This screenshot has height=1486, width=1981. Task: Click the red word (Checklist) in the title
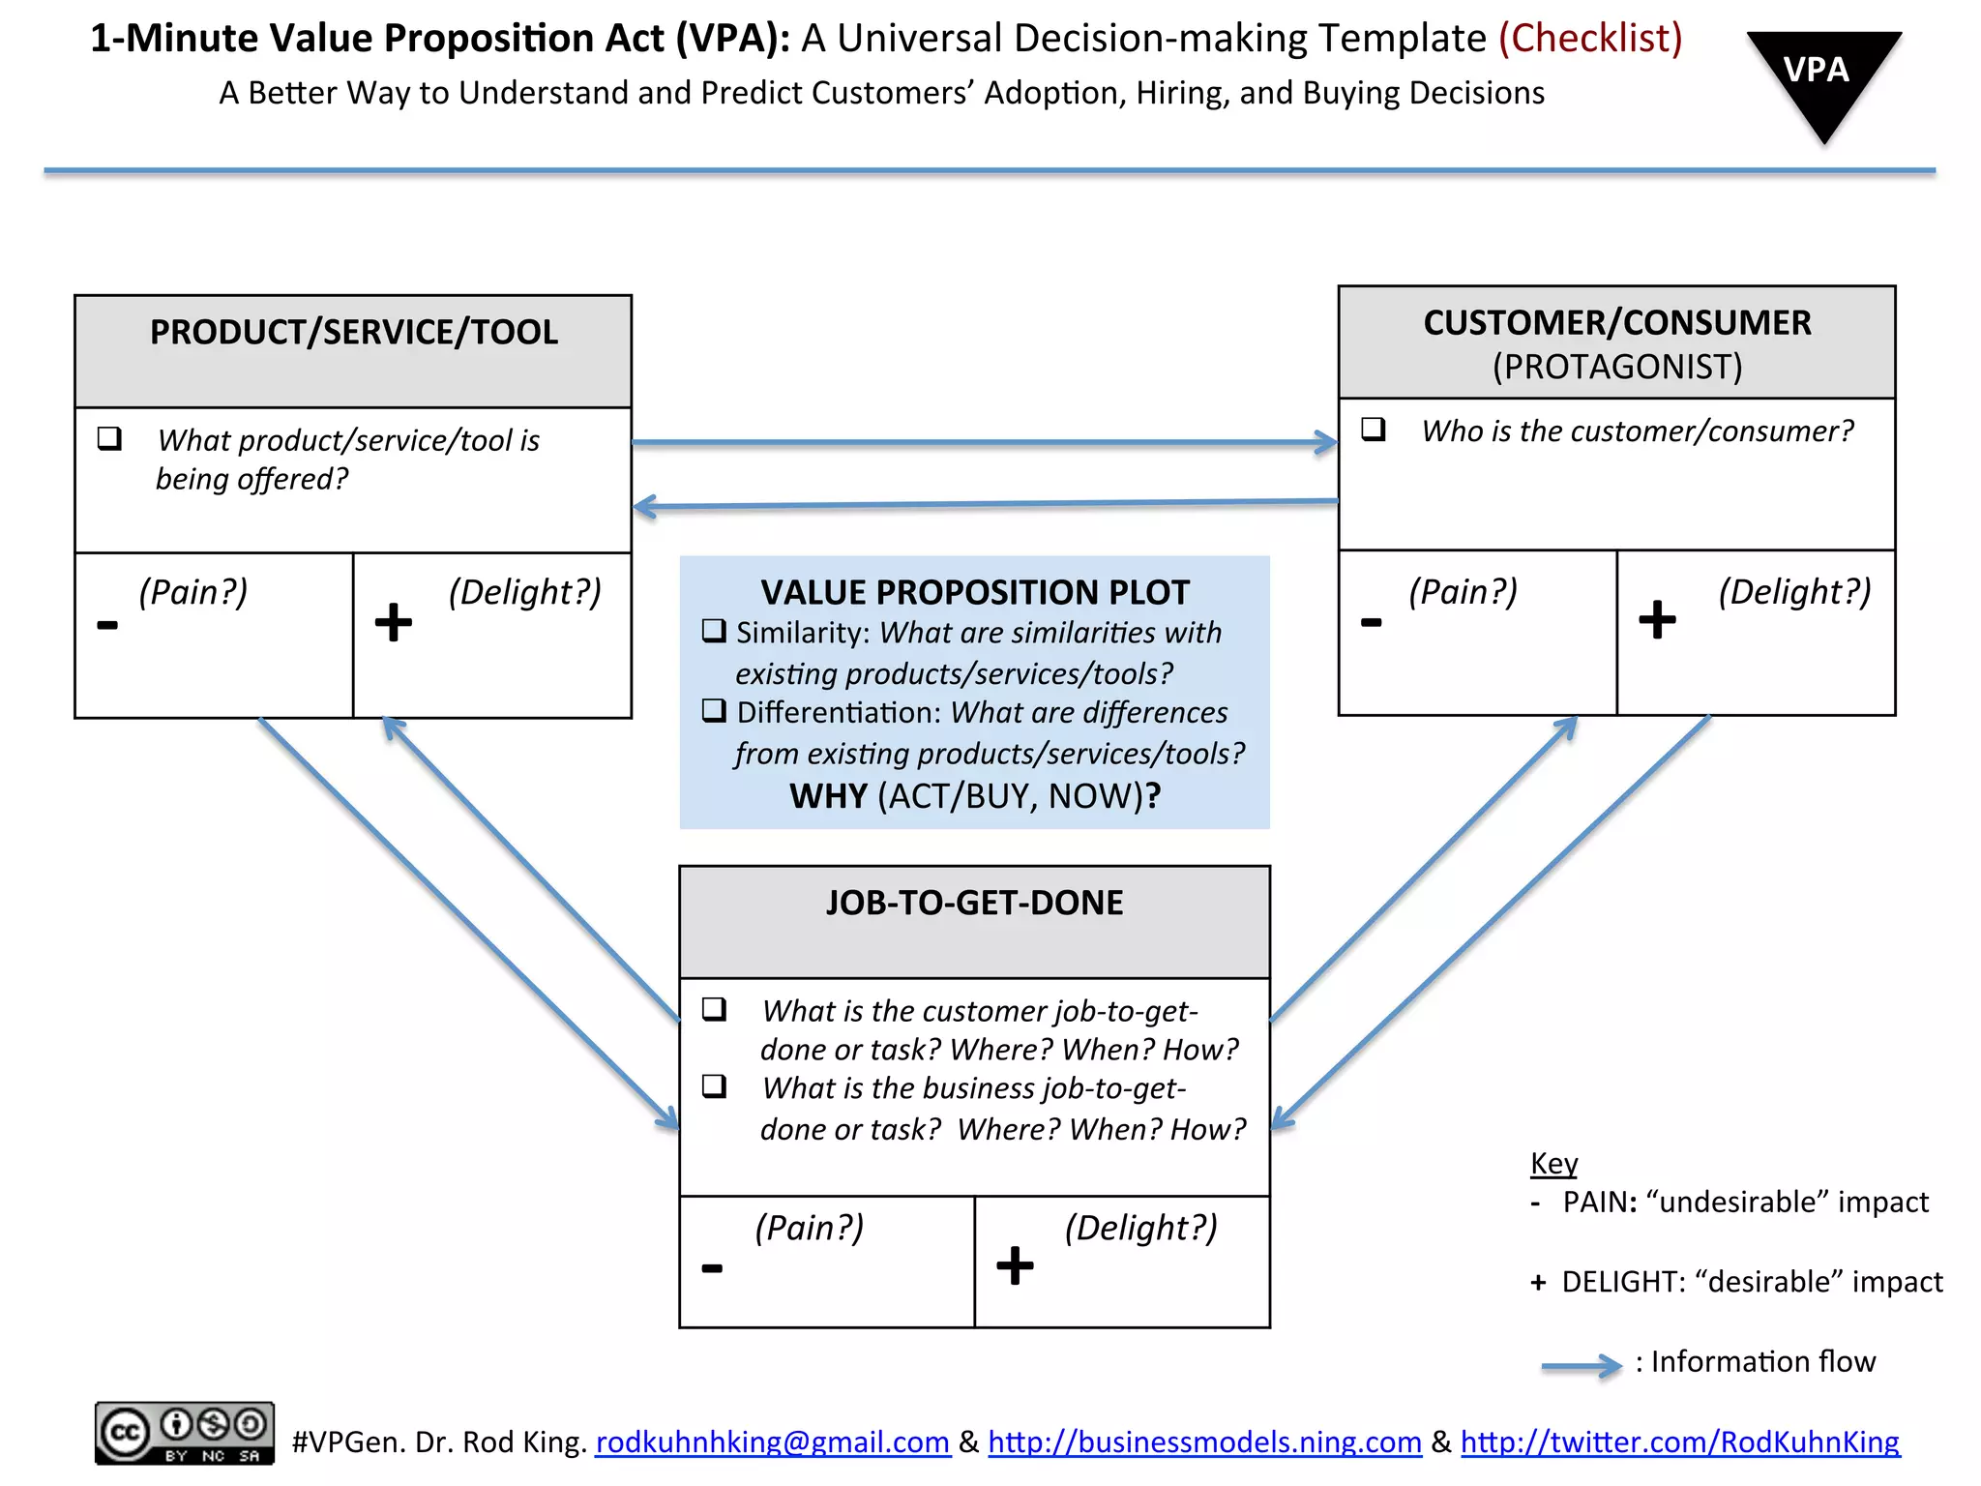(1590, 39)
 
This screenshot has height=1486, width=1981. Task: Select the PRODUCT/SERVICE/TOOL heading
(353, 333)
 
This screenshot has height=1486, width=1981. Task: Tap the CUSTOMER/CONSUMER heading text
(1616, 323)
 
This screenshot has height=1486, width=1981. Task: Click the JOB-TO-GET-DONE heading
(974, 903)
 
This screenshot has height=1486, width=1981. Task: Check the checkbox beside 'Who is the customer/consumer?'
(1373, 429)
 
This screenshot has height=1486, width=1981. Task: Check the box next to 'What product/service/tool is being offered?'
(109, 438)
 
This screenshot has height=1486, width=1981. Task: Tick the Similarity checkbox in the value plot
(714, 631)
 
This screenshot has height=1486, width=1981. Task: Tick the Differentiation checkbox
(714, 711)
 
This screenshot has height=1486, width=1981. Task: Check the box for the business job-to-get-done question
(714, 1085)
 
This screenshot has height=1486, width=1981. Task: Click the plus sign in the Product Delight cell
(393, 622)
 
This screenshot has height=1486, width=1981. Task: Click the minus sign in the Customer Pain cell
(1371, 622)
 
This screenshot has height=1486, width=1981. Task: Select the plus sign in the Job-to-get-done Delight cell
(1015, 1265)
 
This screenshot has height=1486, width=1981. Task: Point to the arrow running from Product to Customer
(984, 442)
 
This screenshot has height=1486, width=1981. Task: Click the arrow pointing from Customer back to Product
(984, 504)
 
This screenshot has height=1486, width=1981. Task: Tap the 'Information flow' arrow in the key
(1581, 1366)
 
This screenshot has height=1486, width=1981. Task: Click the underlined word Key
(1553, 1163)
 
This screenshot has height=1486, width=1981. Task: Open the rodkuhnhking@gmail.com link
(772, 1441)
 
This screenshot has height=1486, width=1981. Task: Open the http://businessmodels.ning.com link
(1204, 1441)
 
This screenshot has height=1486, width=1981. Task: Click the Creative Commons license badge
(184, 1433)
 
